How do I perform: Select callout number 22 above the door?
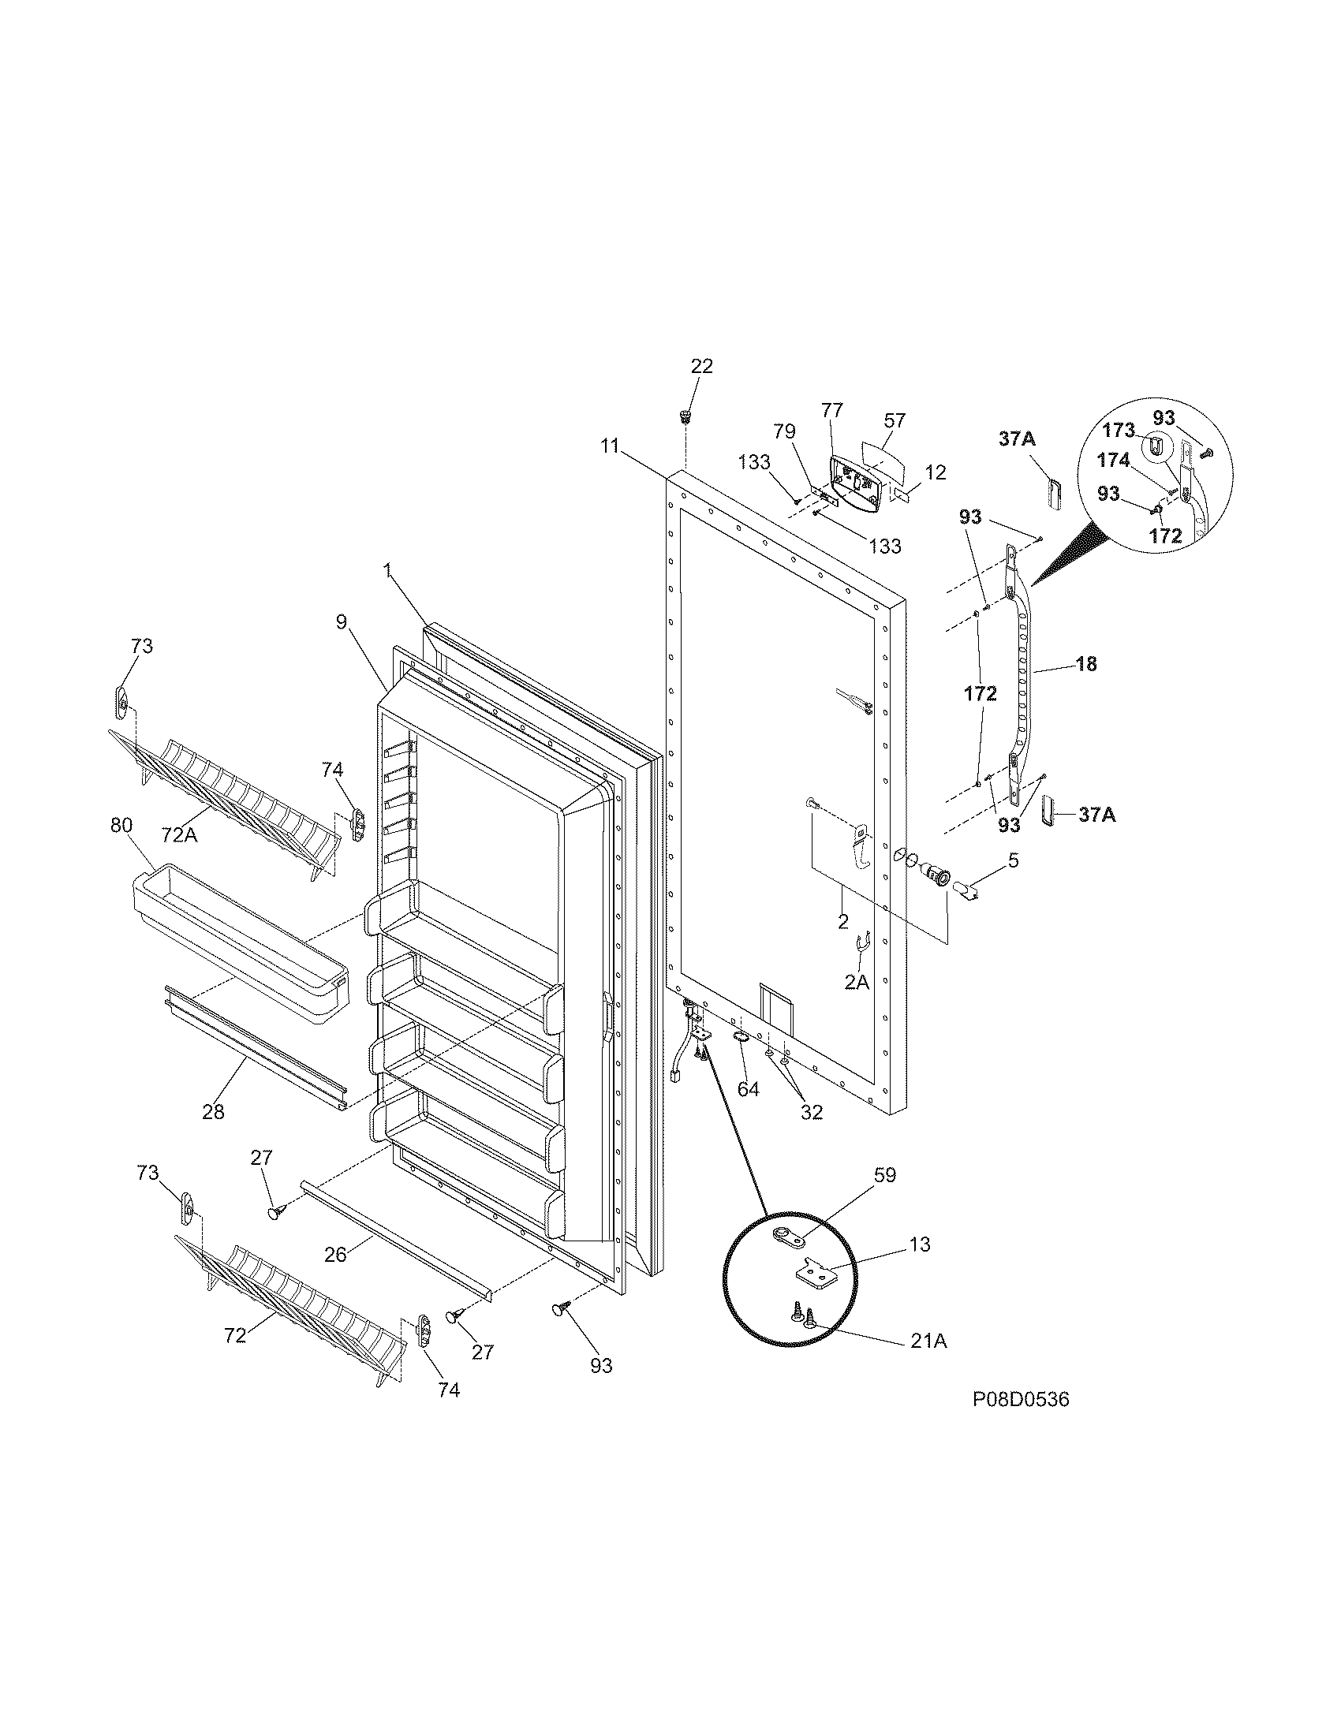[701, 366]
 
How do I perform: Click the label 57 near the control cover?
[895, 420]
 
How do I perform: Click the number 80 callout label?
[121, 825]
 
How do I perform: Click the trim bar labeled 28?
[254, 1049]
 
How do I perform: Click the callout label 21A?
[928, 1341]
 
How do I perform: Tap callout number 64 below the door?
[748, 1090]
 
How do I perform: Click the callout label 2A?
[856, 983]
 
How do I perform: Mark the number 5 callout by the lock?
[1013, 860]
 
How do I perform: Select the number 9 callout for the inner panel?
[341, 621]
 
